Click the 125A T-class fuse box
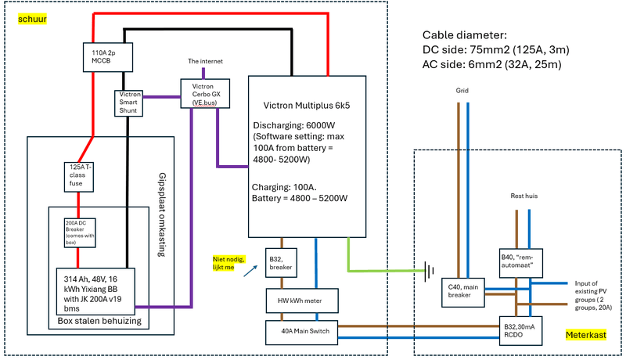click(x=79, y=176)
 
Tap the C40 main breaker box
click(x=462, y=290)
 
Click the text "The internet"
click(x=205, y=60)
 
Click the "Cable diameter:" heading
click(x=463, y=35)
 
